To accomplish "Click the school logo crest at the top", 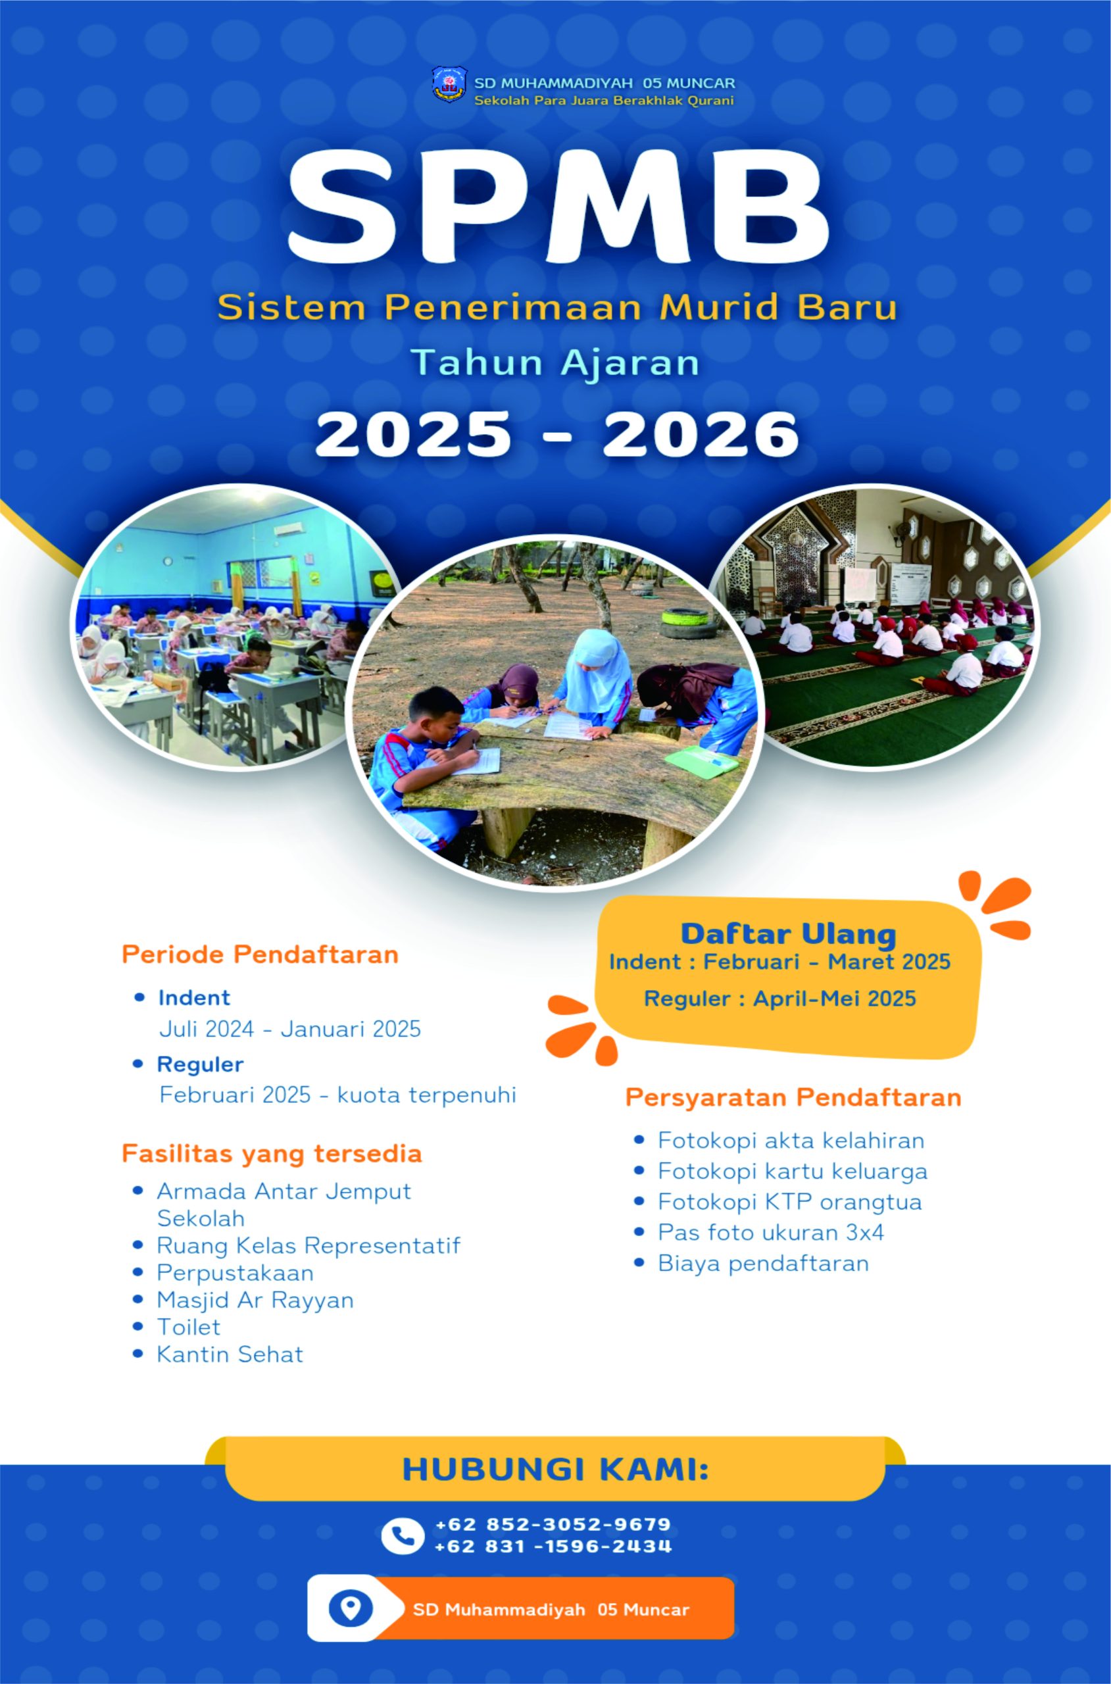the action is [x=450, y=84].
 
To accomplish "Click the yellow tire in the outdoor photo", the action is [x=685, y=622].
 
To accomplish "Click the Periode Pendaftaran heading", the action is [x=260, y=954].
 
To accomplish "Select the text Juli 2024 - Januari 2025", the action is [x=290, y=1028].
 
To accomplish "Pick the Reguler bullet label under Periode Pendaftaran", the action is [x=200, y=1064].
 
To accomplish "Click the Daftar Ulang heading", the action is [x=789, y=933].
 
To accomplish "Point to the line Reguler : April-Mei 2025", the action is [x=780, y=998].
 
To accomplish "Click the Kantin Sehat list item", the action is [x=230, y=1354].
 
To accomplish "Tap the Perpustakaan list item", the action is [x=235, y=1272].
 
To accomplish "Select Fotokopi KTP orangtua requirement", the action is [x=790, y=1202].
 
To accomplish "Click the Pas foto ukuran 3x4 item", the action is [x=771, y=1232].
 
